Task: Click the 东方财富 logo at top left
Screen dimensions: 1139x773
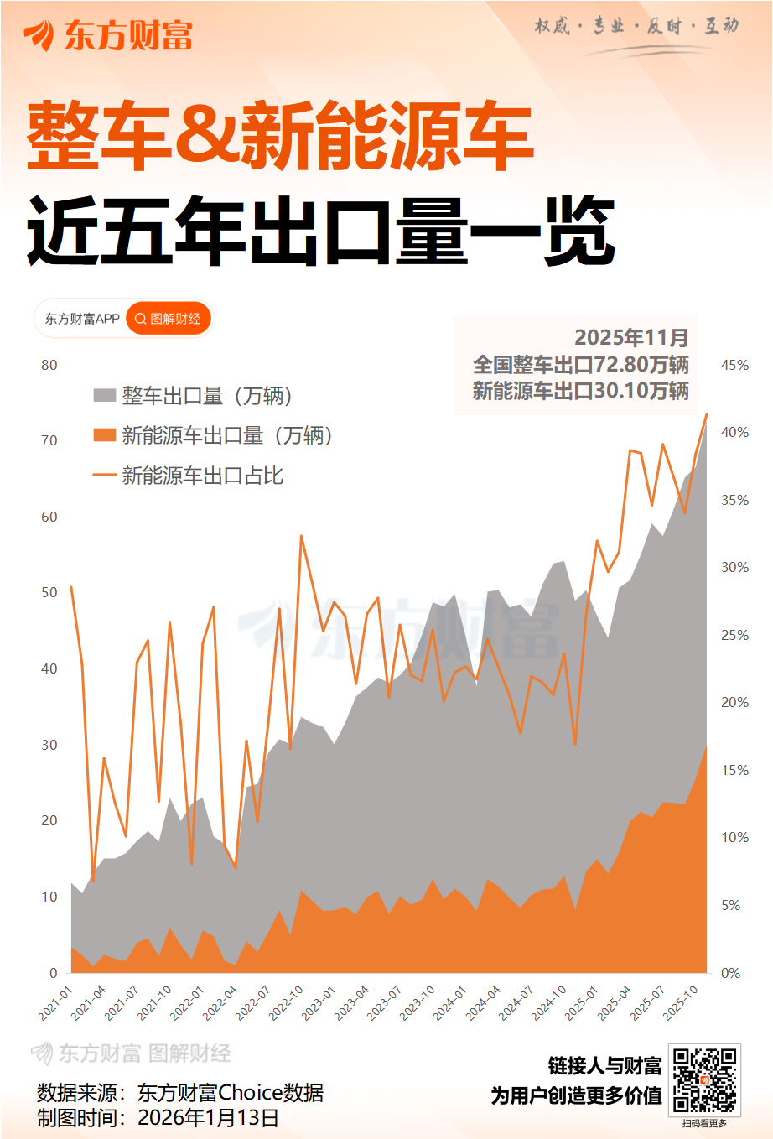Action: pos(108,35)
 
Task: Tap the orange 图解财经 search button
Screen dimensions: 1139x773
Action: pos(169,319)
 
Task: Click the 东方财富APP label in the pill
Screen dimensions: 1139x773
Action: pos(82,319)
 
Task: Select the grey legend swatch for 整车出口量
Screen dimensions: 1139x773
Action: pos(104,395)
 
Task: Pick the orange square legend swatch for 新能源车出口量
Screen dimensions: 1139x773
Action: pos(104,434)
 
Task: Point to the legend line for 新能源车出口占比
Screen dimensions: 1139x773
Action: pos(104,475)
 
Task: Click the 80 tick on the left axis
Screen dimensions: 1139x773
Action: pos(49,365)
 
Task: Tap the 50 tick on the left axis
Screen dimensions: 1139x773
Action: pos(49,592)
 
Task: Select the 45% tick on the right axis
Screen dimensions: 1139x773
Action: pos(734,365)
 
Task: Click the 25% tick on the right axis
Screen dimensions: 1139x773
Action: pos(734,635)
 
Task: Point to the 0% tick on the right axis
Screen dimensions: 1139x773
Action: pos(730,973)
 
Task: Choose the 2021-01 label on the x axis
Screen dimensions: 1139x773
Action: pos(56,1002)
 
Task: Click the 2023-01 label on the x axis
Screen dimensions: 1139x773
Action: pos(319,1002)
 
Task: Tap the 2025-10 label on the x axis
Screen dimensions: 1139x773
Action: pos(682,1002)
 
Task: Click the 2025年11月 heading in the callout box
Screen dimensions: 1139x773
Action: pos(631,337)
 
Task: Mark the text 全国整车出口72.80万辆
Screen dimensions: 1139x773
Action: pos(580,365)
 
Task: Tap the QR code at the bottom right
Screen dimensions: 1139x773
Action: pos(704,1079)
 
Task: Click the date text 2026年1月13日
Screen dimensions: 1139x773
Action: pos(208,1117)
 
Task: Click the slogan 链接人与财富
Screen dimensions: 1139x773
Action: pos(604,1065)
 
